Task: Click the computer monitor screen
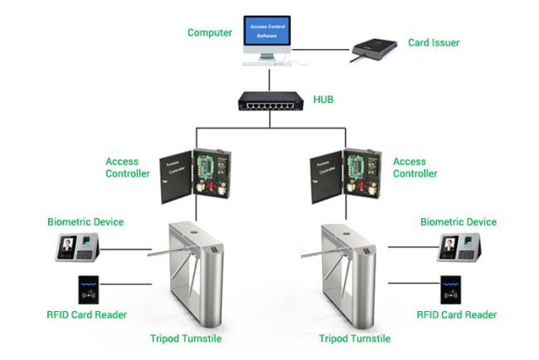tap(267, 32)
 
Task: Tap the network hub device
tap(269, 102)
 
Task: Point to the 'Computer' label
tap(210, 33)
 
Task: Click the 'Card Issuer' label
tap(434, 42)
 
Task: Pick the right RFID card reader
tap(452, 289)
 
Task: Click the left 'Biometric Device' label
tap(85, 222)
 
